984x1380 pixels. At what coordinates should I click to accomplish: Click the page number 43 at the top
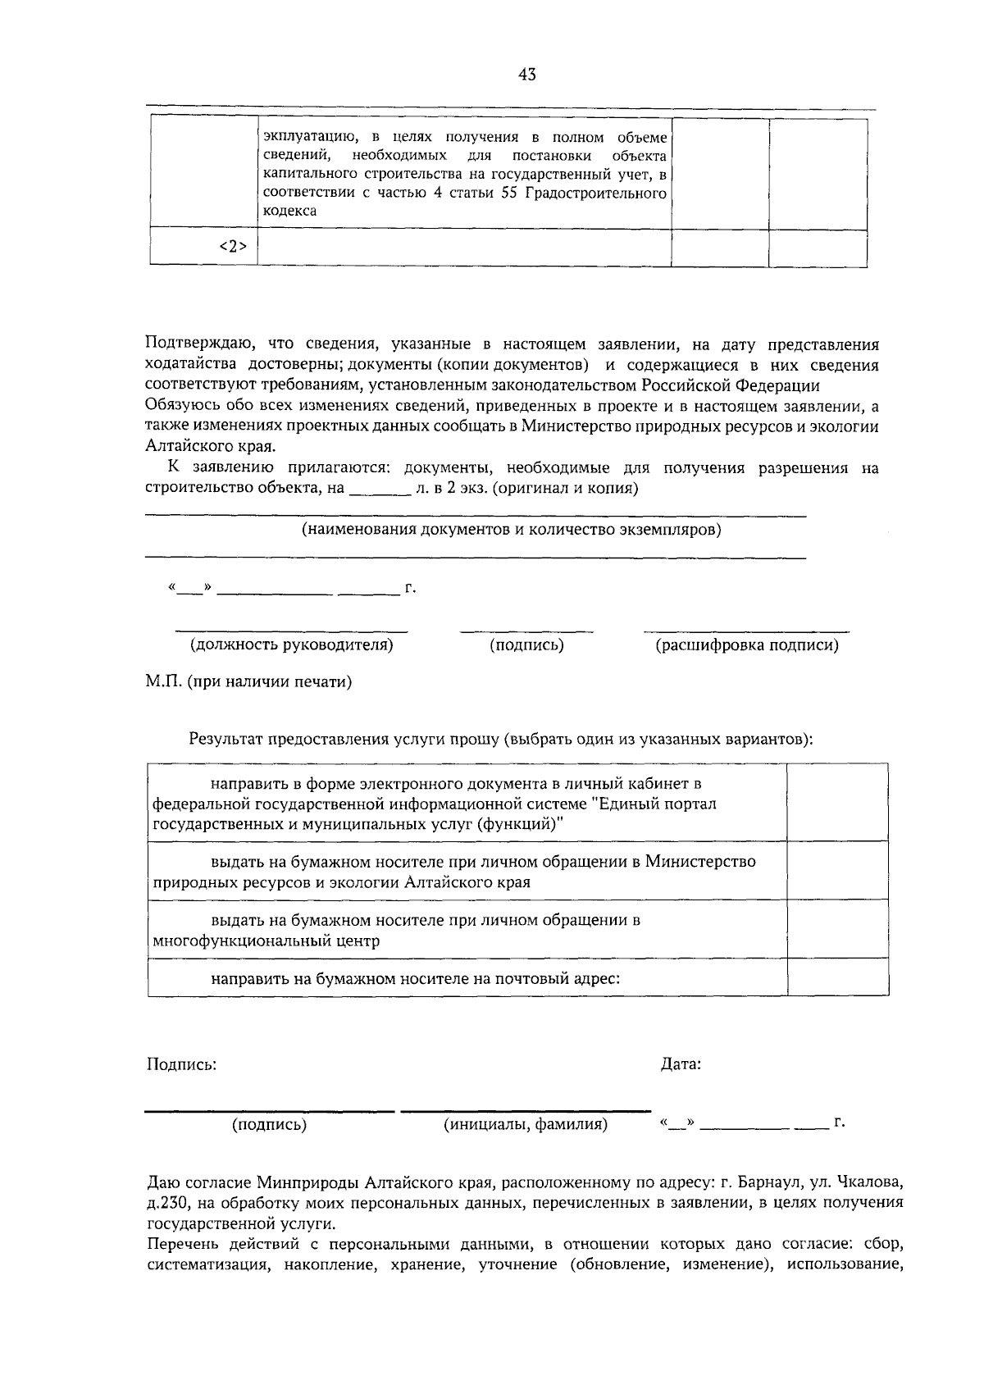click(527, 75)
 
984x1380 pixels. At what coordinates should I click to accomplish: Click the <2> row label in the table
click(233, 247)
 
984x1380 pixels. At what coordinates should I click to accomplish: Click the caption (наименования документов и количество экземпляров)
click(512, 529)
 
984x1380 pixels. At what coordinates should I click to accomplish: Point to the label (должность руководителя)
click(292, 644)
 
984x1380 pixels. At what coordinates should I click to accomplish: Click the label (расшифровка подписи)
click(746, 644)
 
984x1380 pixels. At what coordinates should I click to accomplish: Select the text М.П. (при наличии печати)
click(248, 682)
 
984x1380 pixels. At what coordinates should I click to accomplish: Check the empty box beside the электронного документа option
click(837, 803)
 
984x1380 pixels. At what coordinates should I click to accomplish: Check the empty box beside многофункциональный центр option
click(837, 929)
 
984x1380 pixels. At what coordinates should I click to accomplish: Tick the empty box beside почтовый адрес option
click(837, 977)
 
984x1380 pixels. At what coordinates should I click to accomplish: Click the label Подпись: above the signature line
click(181, 1064)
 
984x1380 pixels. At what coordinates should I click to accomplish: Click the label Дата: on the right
click(681, 1064)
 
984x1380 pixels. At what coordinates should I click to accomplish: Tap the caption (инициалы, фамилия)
click(525, 1124)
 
